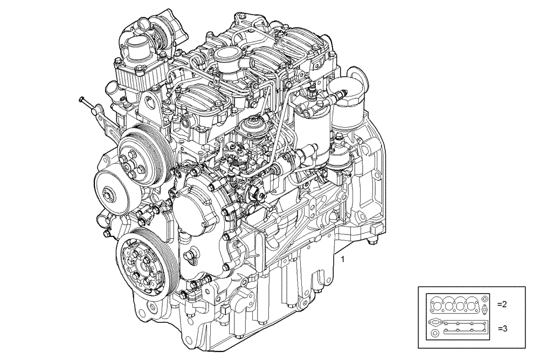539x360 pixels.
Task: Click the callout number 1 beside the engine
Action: click(342, 260)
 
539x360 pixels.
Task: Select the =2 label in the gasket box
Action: click(502, 304)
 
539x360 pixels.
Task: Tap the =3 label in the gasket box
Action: click(502, 328)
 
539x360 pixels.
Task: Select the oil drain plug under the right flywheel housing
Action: click(370, 243)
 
